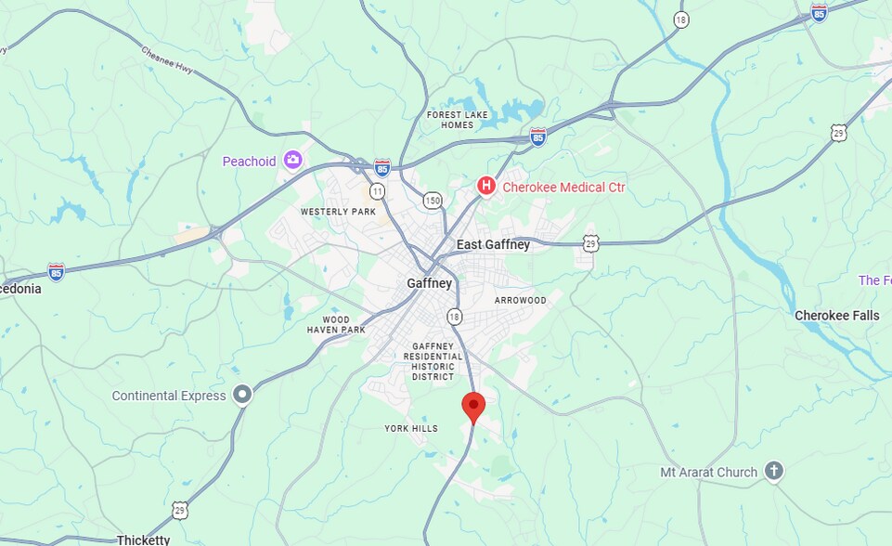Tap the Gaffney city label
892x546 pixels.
429,283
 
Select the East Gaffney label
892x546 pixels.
493,245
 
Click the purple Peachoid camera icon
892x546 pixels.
293,161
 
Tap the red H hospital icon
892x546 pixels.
485,187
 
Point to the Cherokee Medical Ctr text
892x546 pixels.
563,188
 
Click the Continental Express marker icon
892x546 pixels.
243,396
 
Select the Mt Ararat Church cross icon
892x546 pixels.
774,472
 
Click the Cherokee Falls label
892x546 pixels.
836,316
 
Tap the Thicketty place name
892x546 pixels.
144,539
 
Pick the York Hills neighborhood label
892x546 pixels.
411,428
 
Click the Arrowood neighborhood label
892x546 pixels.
521,301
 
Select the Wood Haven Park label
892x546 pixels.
337,324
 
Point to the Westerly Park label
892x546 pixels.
338,212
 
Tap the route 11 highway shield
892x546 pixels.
377,191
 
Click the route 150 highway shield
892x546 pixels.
433,200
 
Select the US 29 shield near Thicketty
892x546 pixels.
179,509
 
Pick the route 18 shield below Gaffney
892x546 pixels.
454,317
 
